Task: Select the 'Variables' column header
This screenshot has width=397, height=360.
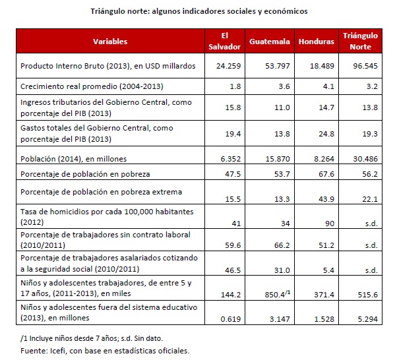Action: coord(109,42)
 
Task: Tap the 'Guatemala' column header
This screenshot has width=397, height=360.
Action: coord(270,42)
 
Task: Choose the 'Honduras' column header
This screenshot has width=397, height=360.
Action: coord(317,42)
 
